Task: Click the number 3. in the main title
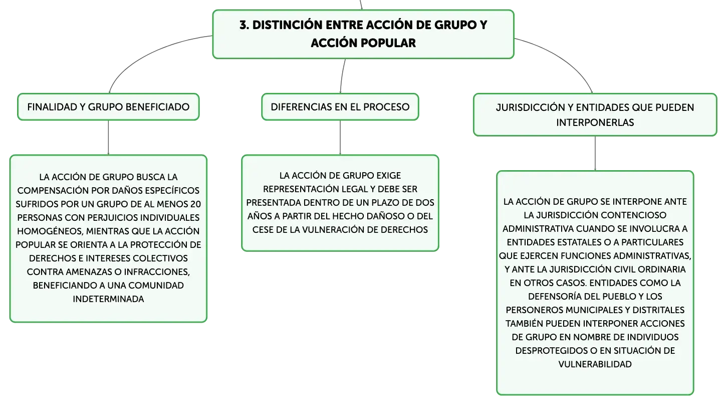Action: tap(245, 25)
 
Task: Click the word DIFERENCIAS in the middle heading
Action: tap(296, 107)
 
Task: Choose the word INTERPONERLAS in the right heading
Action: tap(595, 122)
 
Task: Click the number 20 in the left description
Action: tap(196, 204)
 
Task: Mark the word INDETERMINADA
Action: tap(108, 299)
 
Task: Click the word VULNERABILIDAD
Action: tap(595, 364)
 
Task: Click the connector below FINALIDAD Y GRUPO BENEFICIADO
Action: tap(108, 138)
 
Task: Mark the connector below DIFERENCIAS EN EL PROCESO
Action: tap(340, 138)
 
